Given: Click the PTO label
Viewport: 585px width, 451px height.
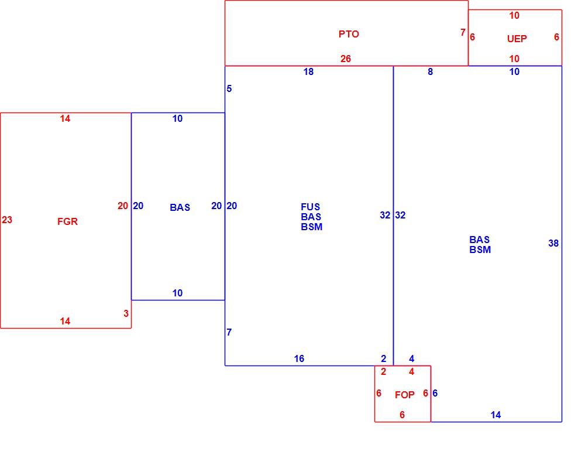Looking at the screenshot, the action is pos(349,34).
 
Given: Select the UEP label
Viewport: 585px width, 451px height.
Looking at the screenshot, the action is pos(517,39).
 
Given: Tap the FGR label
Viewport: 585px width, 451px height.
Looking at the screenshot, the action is pos(67,221).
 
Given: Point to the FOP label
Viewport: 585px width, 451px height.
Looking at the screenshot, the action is pos(405,395).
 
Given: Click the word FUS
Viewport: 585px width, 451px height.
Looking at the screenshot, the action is pos(311,207).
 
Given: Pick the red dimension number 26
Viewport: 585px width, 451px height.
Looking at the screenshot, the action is pos(346,59).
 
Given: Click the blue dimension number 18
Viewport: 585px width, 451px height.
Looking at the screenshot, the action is pos(308,71).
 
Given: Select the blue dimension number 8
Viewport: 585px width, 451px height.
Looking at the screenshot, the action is pos(430,71).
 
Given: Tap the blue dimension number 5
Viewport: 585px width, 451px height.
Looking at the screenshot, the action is pos(229,88).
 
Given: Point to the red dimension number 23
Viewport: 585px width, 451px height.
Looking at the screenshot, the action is pos(7,220).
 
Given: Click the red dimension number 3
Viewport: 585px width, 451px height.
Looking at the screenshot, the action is pos(126,313).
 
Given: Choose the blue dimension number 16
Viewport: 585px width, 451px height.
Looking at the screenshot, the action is pos(299,358).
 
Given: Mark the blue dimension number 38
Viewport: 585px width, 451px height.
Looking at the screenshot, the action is pos(553,243).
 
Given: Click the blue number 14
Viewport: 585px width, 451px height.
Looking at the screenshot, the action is pos(495,415).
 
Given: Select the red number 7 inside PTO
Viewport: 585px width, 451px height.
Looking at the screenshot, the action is pos(463,33).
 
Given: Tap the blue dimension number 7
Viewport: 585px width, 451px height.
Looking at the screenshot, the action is pos(229,332).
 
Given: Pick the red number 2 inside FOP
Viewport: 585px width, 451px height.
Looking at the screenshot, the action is pos(384,372).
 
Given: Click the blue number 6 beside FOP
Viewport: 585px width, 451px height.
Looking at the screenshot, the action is pos(435,393).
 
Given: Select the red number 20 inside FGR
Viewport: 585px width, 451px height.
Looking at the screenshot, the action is pos(123,206).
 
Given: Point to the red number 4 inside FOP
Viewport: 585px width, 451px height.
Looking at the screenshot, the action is pos(411,372).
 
